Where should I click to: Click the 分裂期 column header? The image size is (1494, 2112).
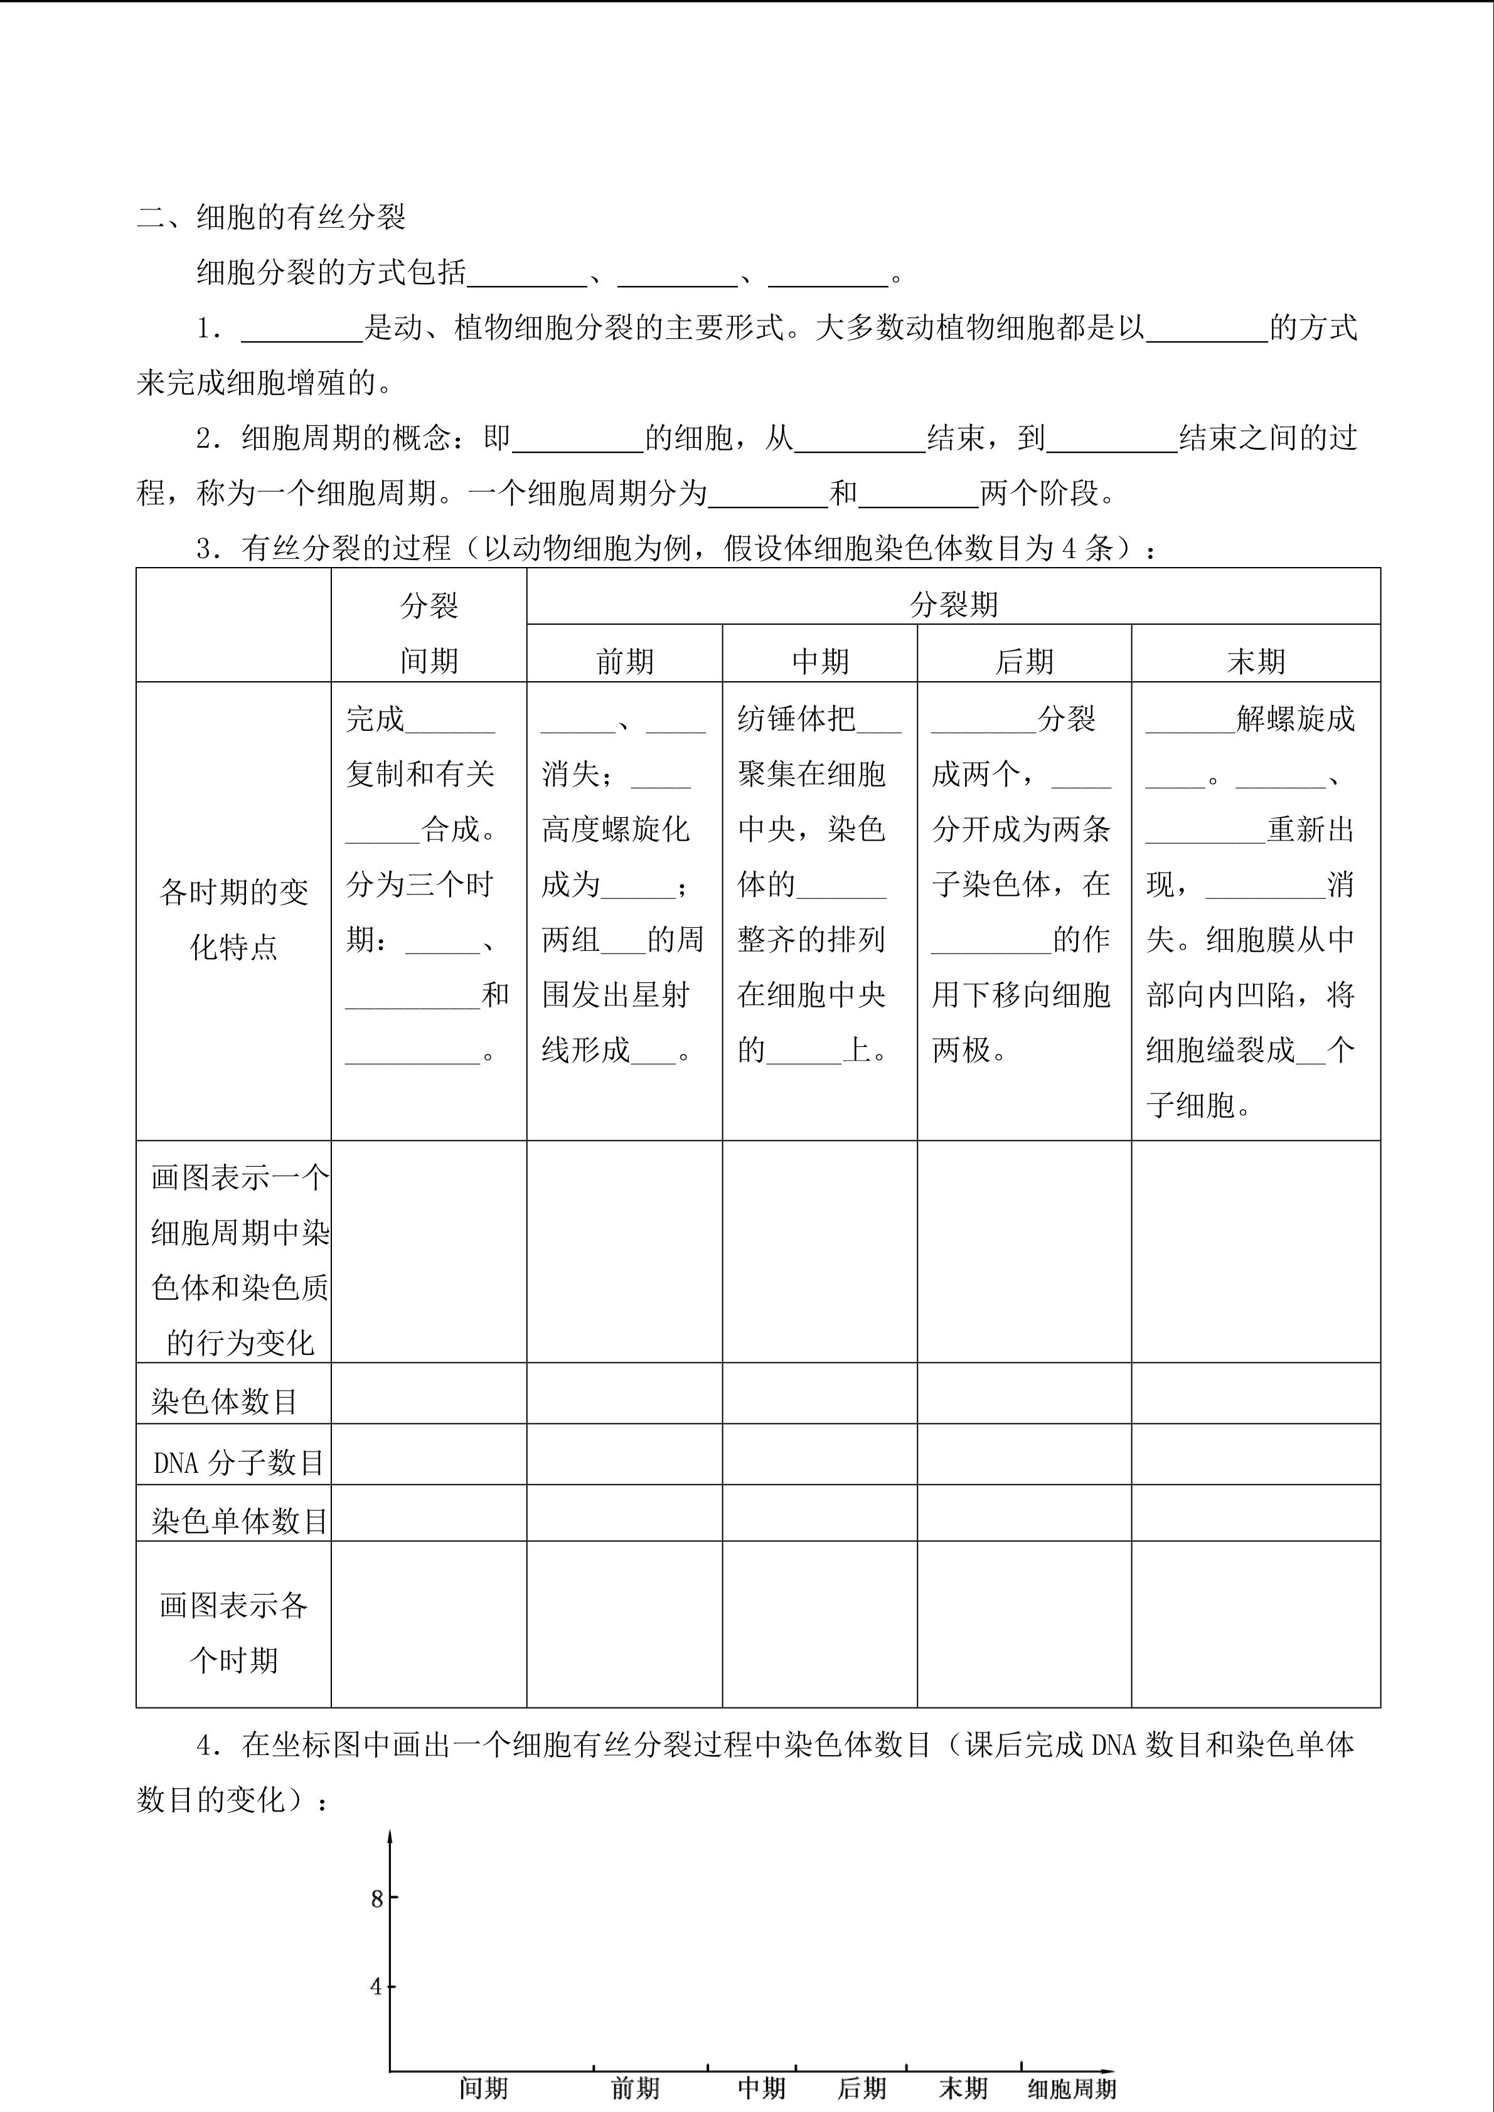(953, 604)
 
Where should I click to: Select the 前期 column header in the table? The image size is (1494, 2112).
(625, 661)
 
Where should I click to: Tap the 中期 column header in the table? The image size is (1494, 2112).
(819, 661)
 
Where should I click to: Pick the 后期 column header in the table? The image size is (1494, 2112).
(1024, 661)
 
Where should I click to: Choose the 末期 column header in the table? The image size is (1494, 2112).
(1256, 661)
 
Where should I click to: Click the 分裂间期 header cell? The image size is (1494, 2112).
(429, 633)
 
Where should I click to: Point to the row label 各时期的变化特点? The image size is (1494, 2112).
(233, 919)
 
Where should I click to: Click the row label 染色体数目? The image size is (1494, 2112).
(225, 1401)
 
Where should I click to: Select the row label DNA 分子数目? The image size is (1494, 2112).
(238, 1462)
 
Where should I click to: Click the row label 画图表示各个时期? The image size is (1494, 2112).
(233, 1633)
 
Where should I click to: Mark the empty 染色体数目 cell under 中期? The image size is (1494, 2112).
(819, 1394)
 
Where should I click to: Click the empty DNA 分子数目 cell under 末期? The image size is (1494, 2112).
(1256, 1454)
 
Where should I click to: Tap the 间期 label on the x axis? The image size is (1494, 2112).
(484, 2088)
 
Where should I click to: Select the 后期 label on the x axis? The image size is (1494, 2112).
(861, 2088)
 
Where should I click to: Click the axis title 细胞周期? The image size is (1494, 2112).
(1072, 2089)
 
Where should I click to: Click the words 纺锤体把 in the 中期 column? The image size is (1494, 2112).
(796, 718)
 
